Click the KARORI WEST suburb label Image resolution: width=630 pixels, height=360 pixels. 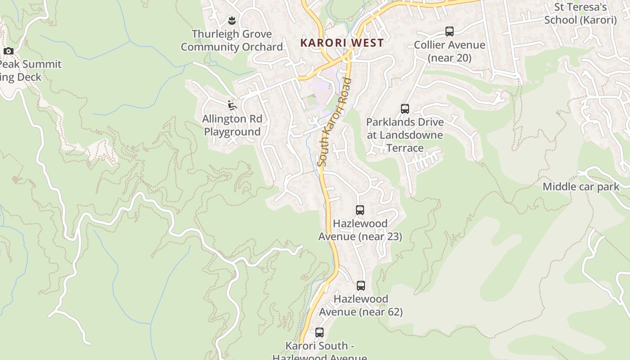[x=342, y=43]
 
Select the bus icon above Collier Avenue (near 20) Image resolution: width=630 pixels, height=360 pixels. [x=449, y=31]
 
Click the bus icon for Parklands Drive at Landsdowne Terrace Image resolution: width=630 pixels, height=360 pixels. [x=405, y=108]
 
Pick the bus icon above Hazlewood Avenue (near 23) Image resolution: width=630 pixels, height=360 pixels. [x=360, y=210]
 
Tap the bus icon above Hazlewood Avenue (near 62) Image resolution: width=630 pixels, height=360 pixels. [x=360, y=285]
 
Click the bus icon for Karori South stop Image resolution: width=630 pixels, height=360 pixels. [x=319, y=333]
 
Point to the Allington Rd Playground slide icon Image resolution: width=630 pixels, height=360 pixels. [x=232, y=105]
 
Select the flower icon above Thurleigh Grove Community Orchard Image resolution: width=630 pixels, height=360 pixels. [x=232, y=20]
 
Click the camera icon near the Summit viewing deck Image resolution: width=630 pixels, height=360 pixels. [x=8, y=51]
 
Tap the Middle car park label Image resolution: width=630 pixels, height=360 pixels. [x=580, y=187]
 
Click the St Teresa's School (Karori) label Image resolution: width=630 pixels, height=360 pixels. [x=580, y=13]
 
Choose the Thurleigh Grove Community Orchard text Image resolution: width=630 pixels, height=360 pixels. [x=232, y=40]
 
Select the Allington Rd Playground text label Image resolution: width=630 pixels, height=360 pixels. [x=232, y=126]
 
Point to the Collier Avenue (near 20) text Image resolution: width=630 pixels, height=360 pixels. [x=449, y=51]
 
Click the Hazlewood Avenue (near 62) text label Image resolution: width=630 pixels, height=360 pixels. [x=360, y=305]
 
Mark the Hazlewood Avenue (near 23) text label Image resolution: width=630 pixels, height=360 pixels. [x=360, y=229]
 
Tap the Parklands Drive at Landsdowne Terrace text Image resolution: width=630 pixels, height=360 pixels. [x=405, y=135]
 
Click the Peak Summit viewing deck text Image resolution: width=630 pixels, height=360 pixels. [x=27, y=71]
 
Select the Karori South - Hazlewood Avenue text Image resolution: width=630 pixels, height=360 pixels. [x=319, y=351]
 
